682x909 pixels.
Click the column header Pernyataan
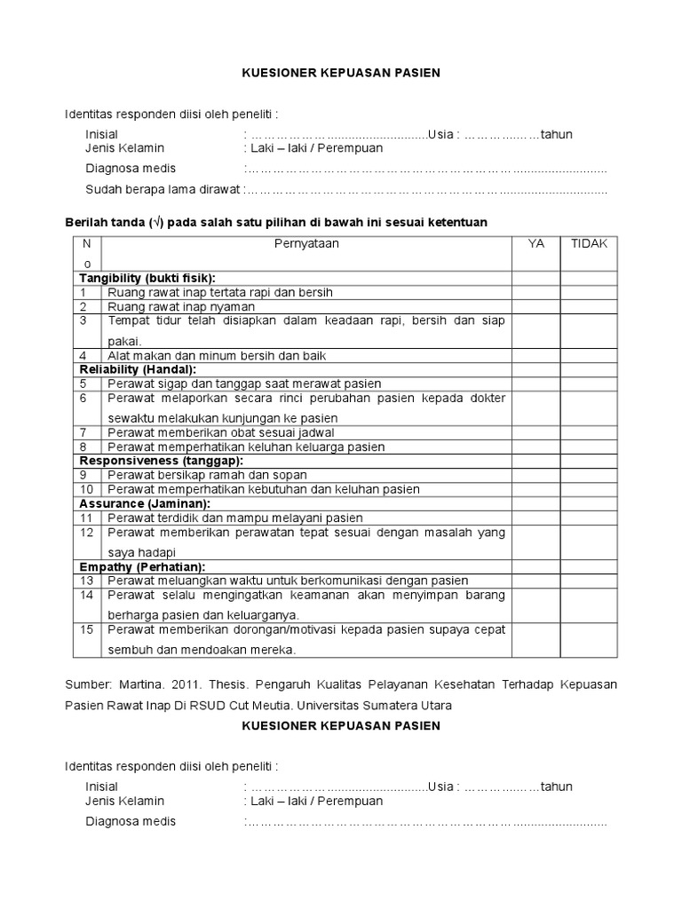point(306,243)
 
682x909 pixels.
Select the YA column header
point(535,243)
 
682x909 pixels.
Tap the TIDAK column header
point(589,243)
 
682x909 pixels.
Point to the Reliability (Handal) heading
point(138,369)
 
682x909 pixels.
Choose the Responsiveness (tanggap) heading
point(161,461)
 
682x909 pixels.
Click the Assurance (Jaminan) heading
point(138,503)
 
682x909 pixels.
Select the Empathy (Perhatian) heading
point(142,566)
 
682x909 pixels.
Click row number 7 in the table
point(83,432)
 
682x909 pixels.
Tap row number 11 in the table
point(86,518)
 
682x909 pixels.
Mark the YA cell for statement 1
point(535,292)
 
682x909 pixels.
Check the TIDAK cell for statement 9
point(589,475)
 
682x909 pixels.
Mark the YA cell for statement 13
point(535,581)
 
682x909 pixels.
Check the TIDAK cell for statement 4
point(589,355)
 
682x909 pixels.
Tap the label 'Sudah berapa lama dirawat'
point(163,189)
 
